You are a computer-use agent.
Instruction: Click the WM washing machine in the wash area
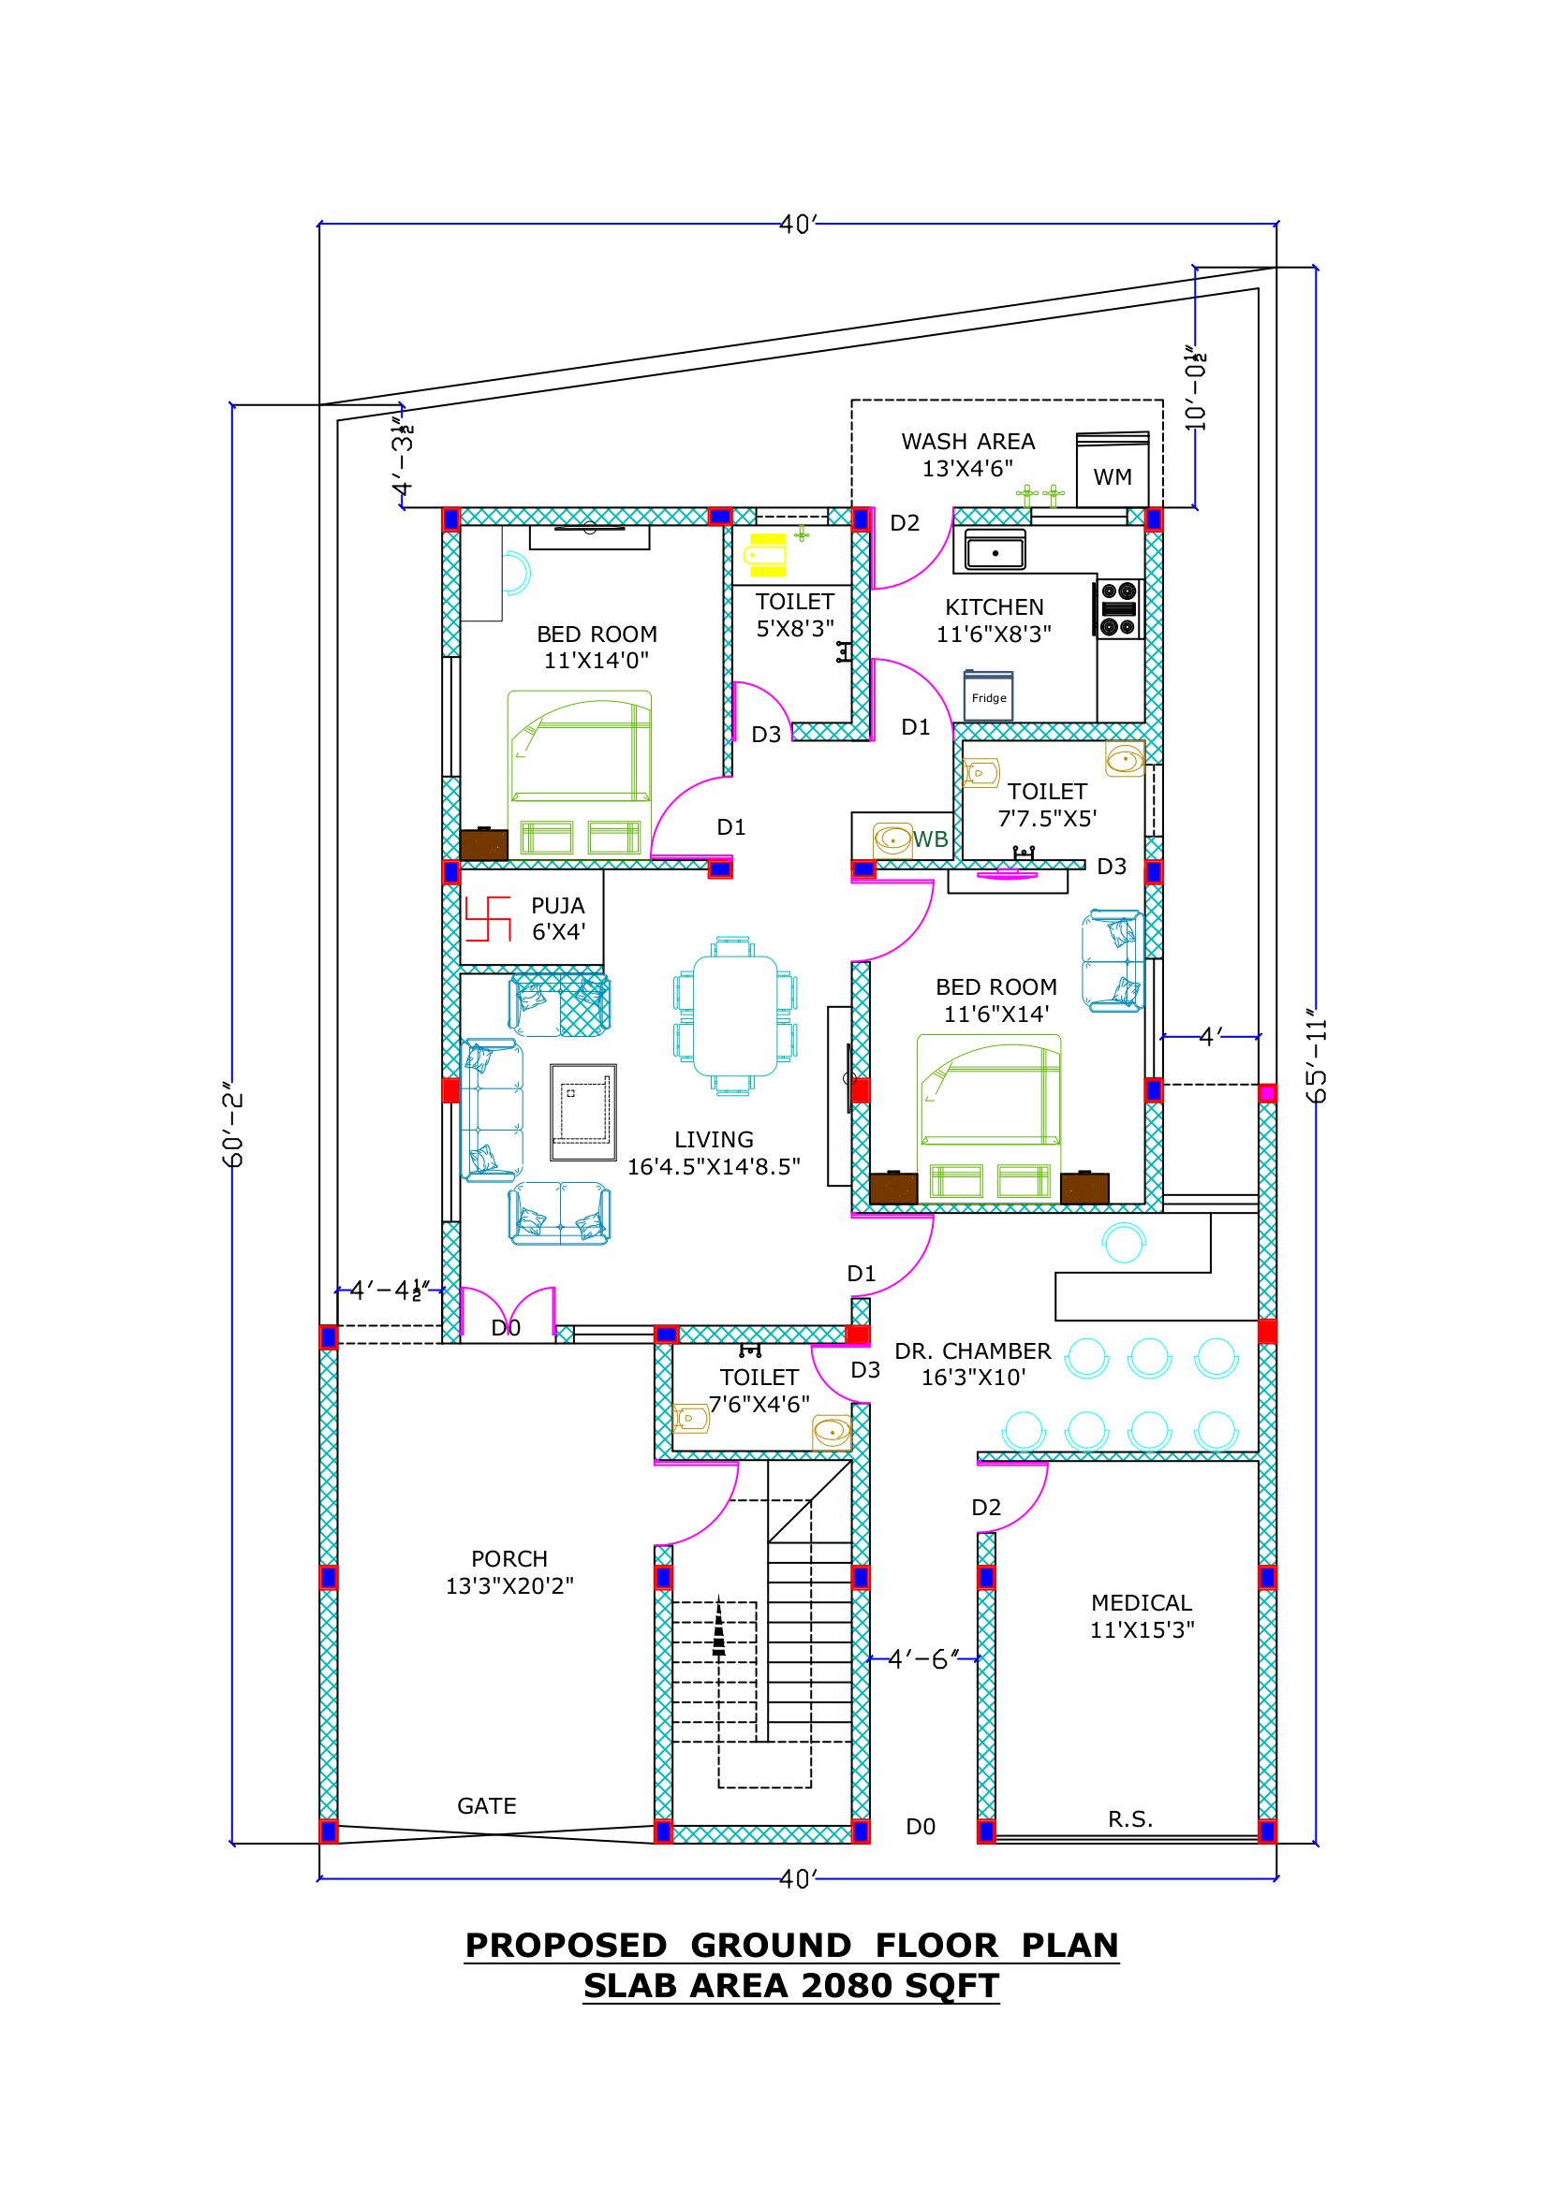1113,470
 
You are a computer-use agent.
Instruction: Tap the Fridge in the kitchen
988,696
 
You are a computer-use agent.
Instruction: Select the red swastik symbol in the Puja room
488,918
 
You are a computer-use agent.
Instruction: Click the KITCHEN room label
994,607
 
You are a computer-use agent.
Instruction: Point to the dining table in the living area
734,1016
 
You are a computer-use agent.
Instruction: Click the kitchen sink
995,551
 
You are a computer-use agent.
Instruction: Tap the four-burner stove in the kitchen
1118,608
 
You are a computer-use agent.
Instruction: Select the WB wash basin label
930,839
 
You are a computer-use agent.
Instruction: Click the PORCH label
509,1559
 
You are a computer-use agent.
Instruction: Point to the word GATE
486,1805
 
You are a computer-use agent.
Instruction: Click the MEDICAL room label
1142,1602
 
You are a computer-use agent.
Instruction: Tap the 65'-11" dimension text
1317,1057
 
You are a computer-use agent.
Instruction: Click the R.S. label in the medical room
1130,1819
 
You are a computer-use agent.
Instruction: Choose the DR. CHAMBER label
973,1351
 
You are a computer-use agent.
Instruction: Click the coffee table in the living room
582,1112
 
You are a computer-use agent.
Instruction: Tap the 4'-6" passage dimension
922,1659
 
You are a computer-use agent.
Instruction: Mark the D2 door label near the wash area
905,522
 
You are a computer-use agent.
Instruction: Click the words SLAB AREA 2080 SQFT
790,1985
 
